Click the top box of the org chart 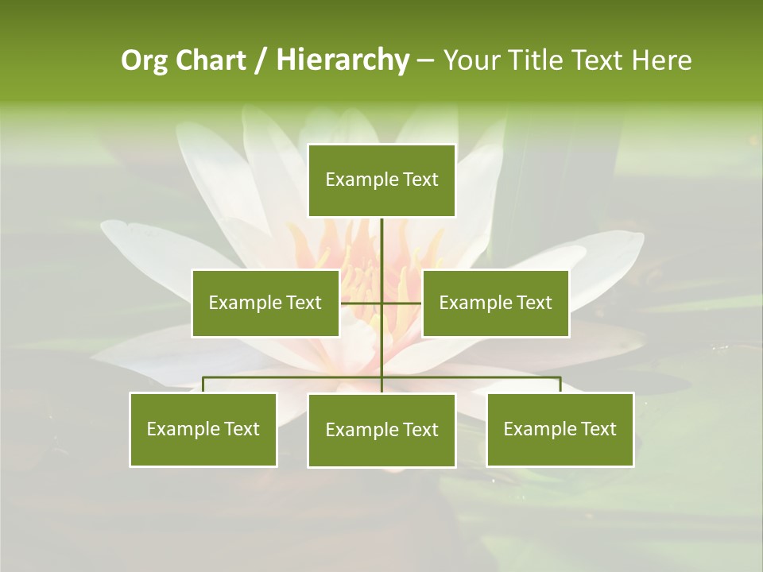pos(381,180)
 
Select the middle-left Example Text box pos(265,303)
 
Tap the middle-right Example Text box pos(495,303)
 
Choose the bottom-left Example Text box pos(203,429)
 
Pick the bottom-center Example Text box pos(381,430)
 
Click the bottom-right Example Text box pos(560,429)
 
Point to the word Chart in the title pos(210,60)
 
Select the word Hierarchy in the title pos(343,60)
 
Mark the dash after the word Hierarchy pos(425,60)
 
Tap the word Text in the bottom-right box pos(598,429)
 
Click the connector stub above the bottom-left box pos(203,385)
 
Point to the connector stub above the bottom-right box pos(560,385)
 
